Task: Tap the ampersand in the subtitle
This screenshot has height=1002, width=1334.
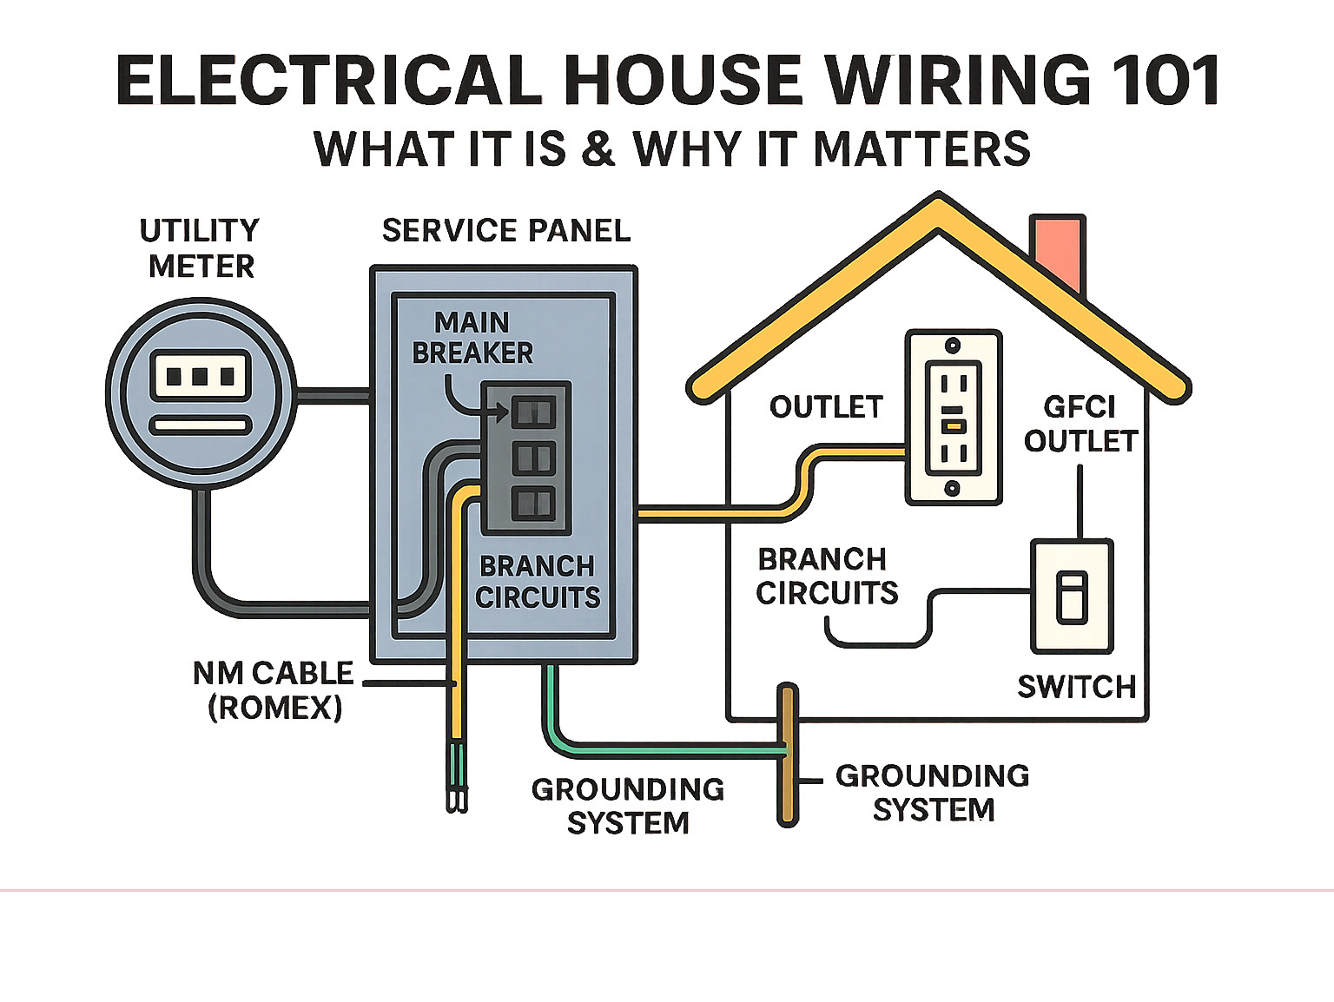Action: coord(598,148)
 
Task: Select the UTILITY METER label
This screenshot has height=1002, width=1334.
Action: coord(201,248)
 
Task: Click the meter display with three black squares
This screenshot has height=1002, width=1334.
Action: coord(201,376)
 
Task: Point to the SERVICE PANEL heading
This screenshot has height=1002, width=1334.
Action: coord(505,231)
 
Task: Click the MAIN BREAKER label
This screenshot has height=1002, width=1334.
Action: coord(472,338)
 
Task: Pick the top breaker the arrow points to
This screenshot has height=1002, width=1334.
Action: coord(532,412)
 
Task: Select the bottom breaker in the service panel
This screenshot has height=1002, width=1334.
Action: coord(532,504)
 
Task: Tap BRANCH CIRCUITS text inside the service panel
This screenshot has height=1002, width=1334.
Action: coord(538,582)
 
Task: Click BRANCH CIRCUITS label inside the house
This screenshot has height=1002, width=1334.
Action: coord(825,577)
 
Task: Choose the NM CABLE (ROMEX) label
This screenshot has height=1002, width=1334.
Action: coord(274,690)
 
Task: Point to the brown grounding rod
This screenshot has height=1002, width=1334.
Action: coord(788,755)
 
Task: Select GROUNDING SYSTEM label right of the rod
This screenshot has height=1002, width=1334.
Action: coord(933,793)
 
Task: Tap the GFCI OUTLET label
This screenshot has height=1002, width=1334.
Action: coord(1080,424)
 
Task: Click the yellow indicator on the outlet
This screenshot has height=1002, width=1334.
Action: coord(953,425)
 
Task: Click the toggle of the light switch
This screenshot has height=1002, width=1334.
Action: coord(1071,597)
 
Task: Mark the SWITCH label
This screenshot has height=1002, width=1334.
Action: coord(1076,688)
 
